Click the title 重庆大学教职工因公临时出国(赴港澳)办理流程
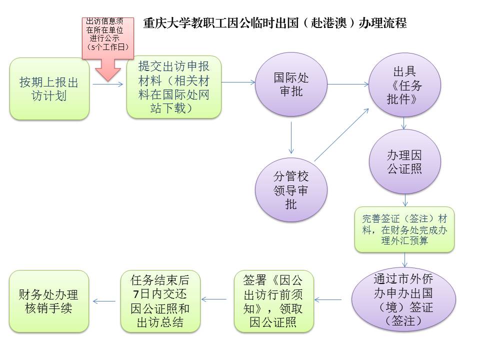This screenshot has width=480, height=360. click(x=274, y=23)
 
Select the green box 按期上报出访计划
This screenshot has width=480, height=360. click(x=49, y=88)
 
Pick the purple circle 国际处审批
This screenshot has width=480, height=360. click(x=291, y=84)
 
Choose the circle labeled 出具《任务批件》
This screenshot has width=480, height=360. click(x=404, y=85)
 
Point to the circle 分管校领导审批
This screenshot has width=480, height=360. click(x=291, y=190)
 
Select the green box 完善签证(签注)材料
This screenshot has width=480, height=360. click(x=404, y=229)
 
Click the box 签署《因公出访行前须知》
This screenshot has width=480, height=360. click(x=273, y=300)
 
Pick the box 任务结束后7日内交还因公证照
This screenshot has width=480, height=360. click(x=160, y=300)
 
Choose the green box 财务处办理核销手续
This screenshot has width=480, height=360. click(x=49, y=300)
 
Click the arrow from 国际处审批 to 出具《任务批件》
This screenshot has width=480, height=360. click(x=347, y=84)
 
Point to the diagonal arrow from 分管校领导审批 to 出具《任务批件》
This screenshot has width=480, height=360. click(x=341, y=135)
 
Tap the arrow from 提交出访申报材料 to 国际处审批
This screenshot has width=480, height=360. click(x=238, y=83)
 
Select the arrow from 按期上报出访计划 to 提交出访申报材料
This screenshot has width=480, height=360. click(x=107, y=84)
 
